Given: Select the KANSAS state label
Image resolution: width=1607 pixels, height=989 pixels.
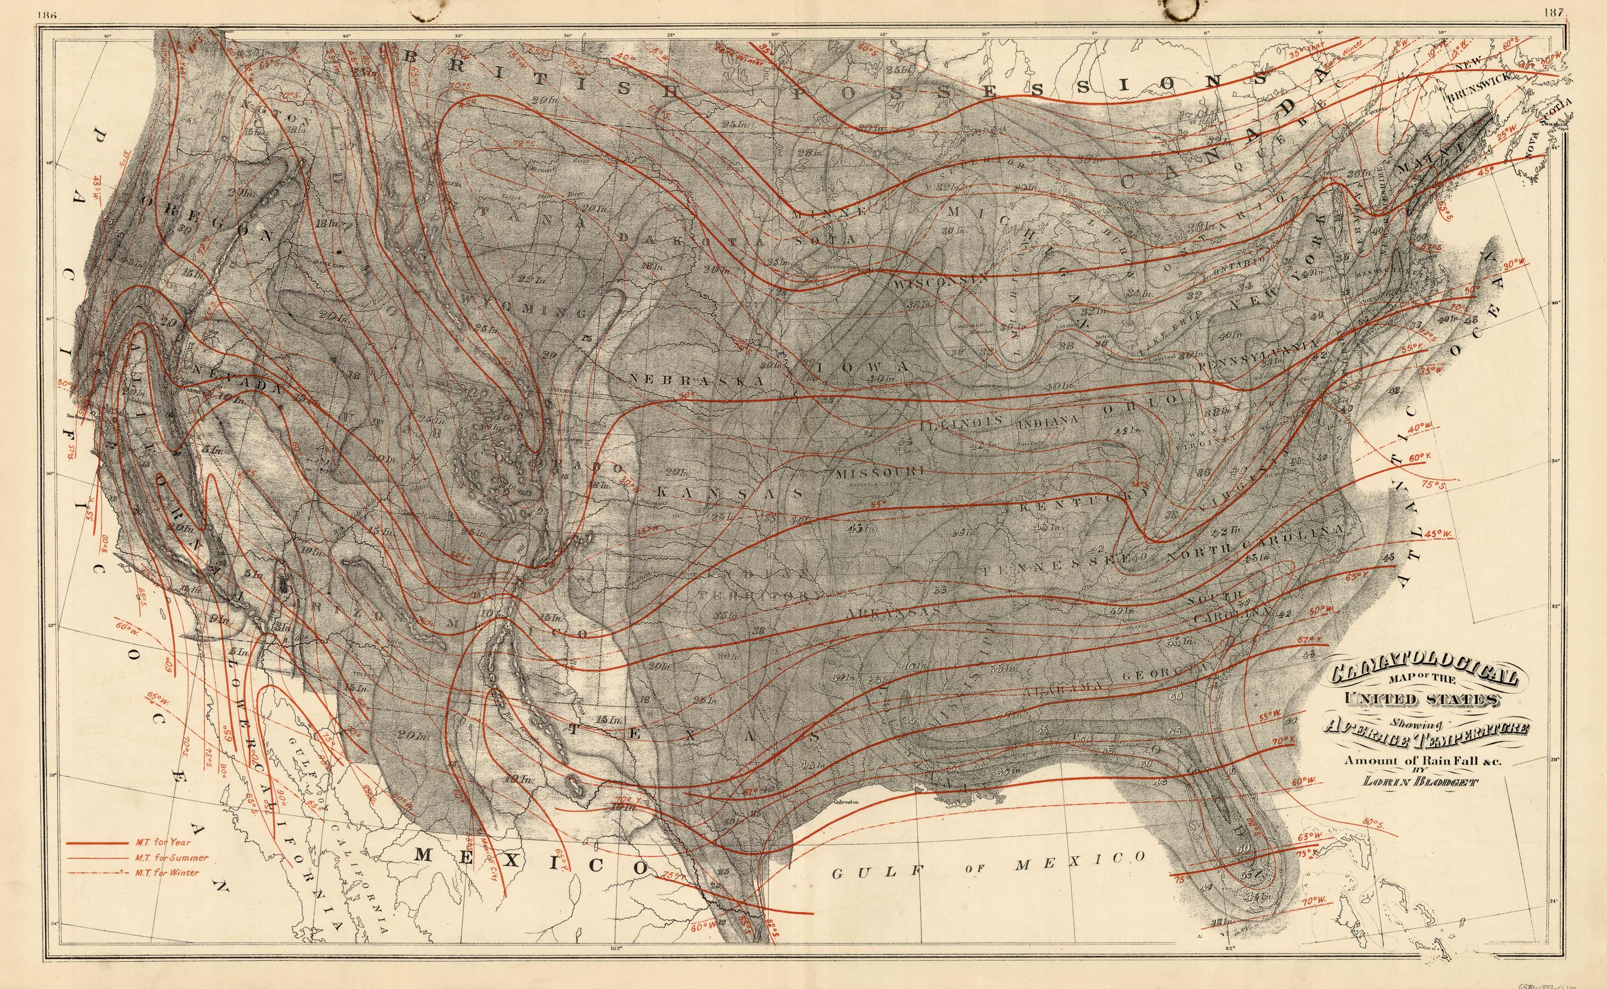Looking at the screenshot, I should coord(729,493).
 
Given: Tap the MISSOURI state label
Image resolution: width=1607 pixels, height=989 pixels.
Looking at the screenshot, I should coord(879,472).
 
